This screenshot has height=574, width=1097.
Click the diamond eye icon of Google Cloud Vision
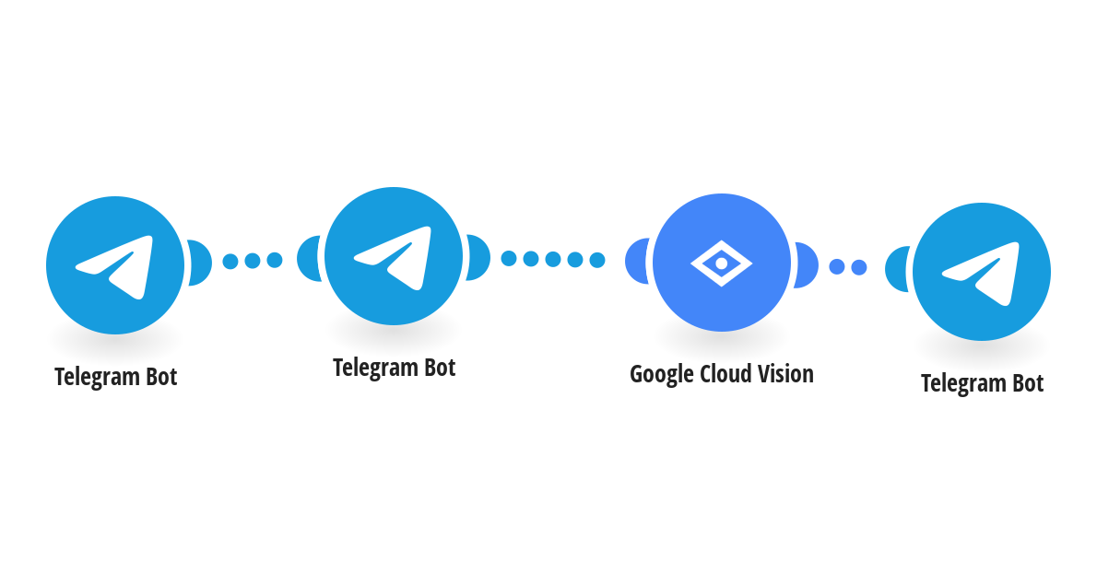point(721,263)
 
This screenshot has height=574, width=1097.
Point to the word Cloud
point(726,374)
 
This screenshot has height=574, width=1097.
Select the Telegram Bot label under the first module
point(116,377)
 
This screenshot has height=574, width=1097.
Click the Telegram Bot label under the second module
point(395,368)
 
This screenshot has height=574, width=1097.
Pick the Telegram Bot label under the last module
point(983,383)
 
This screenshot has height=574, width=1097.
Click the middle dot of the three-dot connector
point(253,261)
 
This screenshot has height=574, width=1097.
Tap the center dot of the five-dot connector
point(553,260)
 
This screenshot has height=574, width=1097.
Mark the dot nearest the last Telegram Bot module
point(859,267)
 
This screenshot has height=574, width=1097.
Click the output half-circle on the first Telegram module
point(200,263)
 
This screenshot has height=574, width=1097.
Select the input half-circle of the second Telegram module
point(309,259)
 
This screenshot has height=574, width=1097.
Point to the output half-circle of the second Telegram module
point(478,257)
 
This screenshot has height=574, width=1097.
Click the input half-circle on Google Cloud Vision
point(637,262)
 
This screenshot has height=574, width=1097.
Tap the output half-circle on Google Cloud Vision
point(807,265)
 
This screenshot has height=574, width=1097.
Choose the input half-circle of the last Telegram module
point(897,269)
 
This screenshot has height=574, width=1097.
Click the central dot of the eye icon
point(721,264)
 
